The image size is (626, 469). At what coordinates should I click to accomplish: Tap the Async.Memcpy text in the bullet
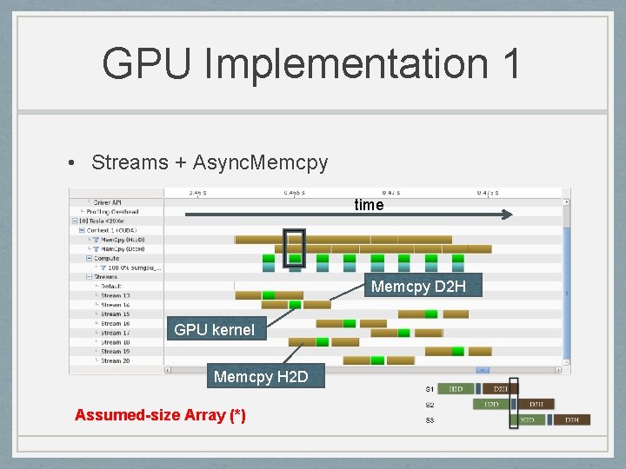(260, 162)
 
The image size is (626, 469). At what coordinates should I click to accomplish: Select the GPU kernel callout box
(214, 329)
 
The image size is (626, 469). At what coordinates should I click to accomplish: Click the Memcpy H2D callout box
(260, 377)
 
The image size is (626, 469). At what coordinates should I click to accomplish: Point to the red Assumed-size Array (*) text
(160, 415)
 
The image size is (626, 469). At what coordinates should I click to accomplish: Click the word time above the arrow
(369, 205)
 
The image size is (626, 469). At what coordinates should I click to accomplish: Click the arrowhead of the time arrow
(509, 214)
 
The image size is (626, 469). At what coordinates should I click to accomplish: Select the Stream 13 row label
(115, 295)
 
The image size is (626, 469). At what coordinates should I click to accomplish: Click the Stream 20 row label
(115, 360)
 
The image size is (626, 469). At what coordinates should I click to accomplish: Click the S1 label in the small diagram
(430, 388)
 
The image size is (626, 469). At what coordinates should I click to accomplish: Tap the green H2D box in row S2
(491, 405)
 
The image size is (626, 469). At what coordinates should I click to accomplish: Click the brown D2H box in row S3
(571, 420)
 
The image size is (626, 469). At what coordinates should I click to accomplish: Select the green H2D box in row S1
(456, 389)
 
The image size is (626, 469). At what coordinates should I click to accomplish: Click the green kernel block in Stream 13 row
(269, 295)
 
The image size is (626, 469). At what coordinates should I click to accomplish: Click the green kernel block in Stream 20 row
(377, 360)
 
